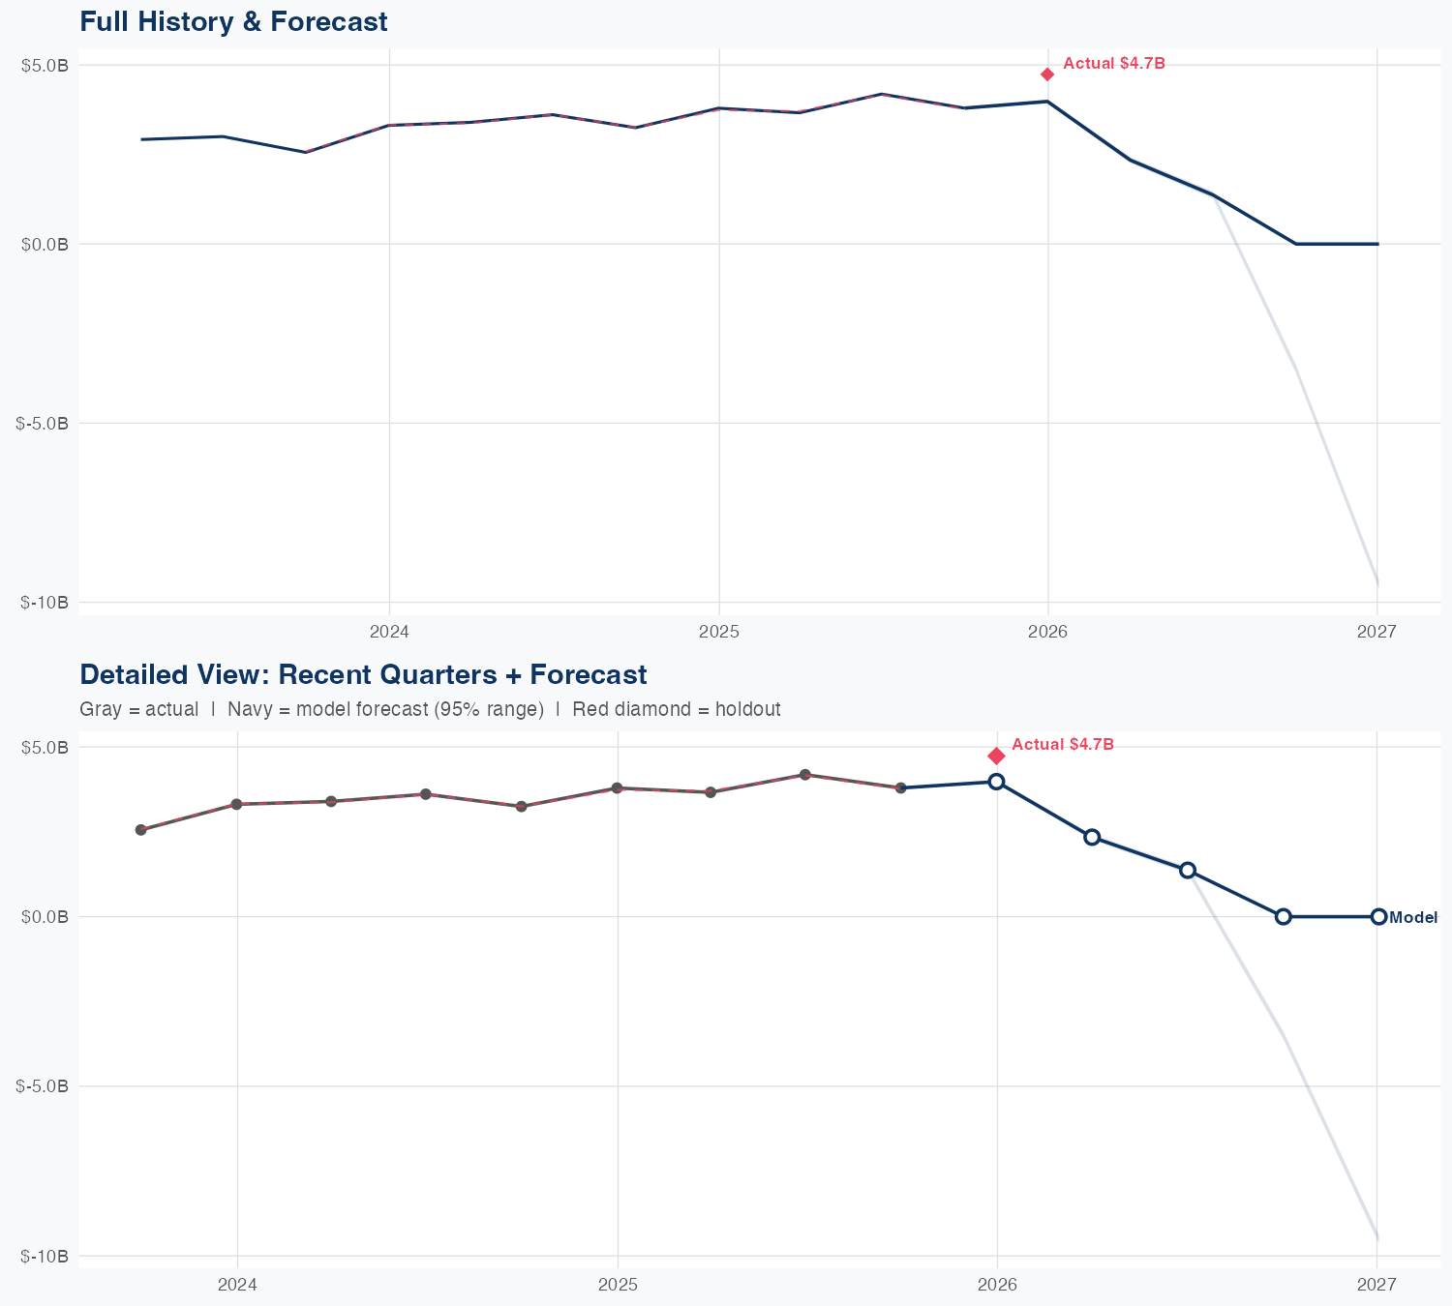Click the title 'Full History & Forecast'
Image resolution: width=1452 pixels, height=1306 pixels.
[x=233, y=21]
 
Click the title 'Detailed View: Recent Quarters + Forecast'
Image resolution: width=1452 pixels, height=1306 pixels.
[x=363, y=674]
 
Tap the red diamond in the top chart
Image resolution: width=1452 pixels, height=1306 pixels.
[x=1047, y=74]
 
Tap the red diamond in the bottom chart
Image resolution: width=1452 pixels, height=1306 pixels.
[x=996, y=756]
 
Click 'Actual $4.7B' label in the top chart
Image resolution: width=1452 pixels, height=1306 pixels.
[x=1113, y=64]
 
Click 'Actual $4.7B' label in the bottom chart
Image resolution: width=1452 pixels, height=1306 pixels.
[x=1063, y=745]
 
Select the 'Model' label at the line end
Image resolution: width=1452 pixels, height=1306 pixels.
[x=1412, y=918]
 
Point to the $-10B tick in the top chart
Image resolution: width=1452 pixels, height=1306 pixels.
[x=45, y=603]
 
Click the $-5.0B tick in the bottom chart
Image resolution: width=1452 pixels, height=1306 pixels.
[x=43, y=1086]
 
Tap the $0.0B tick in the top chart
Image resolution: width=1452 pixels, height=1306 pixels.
[x=45, y=245]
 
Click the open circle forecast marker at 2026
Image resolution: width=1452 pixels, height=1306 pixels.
[x=996, y=782]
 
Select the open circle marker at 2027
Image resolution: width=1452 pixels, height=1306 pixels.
[x=1377, y=916]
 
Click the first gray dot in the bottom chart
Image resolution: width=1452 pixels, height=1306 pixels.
[x=140, y=830]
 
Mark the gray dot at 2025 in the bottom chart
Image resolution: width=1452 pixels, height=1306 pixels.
[x=617, y=788]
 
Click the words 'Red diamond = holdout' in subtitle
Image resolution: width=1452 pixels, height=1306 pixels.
[x=676, y=709]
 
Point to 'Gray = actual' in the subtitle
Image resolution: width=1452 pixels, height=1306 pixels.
[x=138, y=709]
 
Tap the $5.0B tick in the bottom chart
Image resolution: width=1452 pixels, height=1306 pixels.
[x=45, y=748]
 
